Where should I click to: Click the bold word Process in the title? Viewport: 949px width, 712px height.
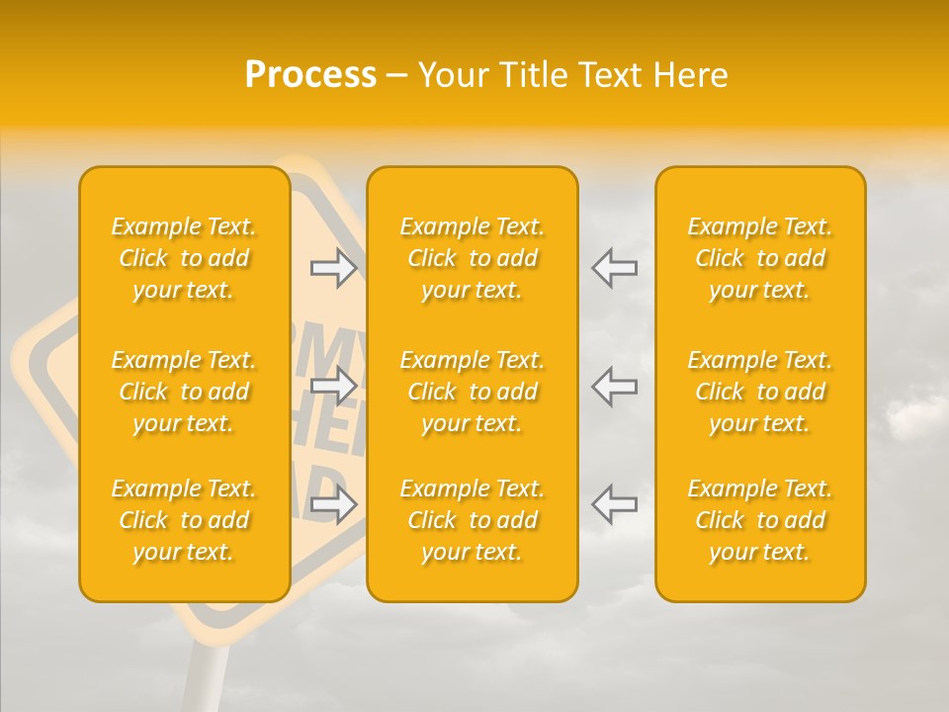click(310, 75)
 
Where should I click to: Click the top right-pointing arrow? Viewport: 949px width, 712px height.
click(334, 268)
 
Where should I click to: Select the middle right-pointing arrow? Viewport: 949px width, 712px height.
click(334, 386)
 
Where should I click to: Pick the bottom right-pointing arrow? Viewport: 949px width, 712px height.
click(334, 504)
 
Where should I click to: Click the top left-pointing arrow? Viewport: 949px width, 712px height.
click(614, 268)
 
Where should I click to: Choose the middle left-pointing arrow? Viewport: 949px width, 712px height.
click(614, 386)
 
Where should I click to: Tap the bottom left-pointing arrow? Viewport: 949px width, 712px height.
click(614, 504)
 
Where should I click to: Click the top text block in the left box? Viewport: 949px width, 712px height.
click(184, 258)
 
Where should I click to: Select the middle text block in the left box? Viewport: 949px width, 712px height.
click(184, 392)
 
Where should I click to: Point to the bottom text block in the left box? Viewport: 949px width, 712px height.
click(184, 520)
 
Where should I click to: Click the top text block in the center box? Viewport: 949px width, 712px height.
click(473, 258)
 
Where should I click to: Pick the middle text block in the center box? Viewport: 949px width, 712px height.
click(473, 392)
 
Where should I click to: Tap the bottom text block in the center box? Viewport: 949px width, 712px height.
click(473, 520)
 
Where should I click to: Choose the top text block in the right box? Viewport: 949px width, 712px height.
click(760, 258)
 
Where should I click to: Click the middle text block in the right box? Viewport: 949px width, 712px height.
click(760, 392)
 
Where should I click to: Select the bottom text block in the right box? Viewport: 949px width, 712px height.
click(760, 520)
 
